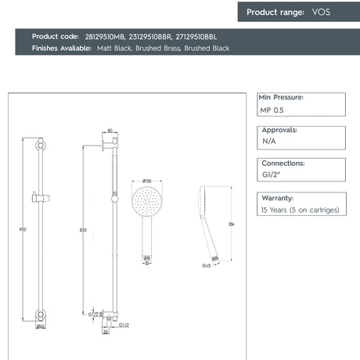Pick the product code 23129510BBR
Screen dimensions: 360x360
click(152, 37)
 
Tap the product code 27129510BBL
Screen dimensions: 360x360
click(196, 37)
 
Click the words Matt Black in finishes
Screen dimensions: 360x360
click(113, 49)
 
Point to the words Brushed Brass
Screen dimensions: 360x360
click(157, 49)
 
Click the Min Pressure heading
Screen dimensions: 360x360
click(281, 98)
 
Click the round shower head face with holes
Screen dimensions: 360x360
click(146, 201)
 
